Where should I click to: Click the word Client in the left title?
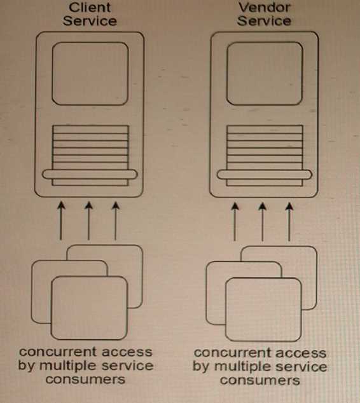90,8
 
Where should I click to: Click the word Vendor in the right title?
265,8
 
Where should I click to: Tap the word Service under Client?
90,21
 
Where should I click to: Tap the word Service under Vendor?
264,21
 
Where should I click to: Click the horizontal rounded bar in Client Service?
90,174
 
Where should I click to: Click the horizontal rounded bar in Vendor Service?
265,175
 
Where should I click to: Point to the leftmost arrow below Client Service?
61,221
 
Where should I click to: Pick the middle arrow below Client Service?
88,221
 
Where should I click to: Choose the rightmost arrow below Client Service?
116,221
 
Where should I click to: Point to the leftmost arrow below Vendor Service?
235,222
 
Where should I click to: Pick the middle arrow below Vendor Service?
262,222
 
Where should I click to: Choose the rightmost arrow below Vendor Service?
289,222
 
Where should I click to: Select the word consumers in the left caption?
85,379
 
